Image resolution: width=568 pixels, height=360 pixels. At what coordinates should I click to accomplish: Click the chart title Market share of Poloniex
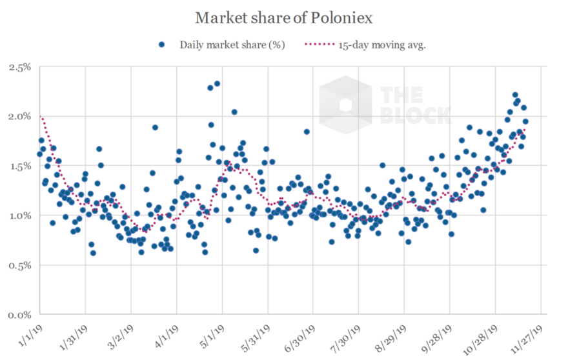tap(285, 17)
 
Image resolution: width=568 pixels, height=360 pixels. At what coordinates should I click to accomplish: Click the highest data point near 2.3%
tap(218, 83)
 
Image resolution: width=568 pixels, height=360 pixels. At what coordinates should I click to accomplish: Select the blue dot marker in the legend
tap(162, 45)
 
